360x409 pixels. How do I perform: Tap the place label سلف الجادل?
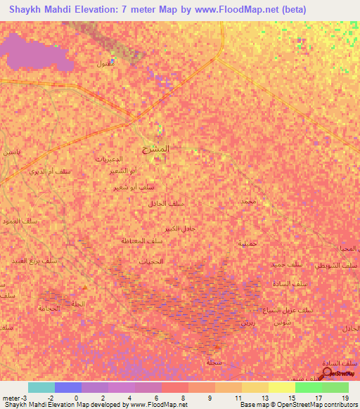pos(166,203)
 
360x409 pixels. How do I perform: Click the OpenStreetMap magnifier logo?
pos(328,374)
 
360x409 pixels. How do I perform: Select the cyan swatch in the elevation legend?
pos(41,387)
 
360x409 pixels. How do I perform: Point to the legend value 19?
pos(344,397)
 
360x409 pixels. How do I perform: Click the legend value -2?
pos(50,397)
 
